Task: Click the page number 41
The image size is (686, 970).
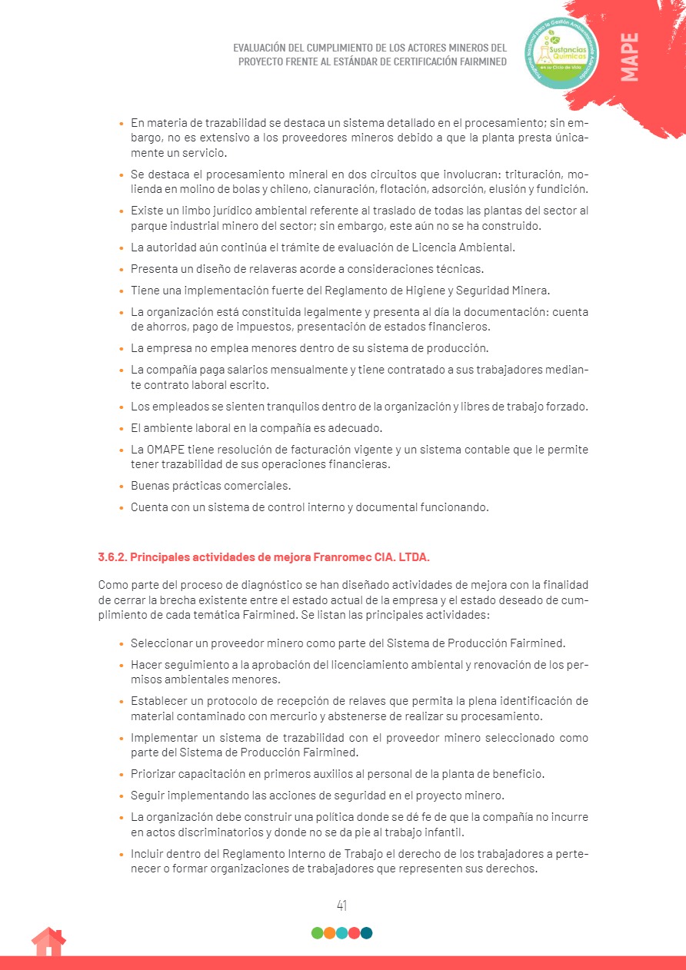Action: point(342,905)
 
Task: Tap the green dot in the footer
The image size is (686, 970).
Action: point(317,933)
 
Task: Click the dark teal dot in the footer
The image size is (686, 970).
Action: point(367,933)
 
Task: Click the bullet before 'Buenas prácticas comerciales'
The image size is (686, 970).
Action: point(121,487)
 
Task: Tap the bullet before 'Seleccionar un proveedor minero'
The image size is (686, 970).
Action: point(121,643)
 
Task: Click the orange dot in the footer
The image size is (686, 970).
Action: point(329,933)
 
